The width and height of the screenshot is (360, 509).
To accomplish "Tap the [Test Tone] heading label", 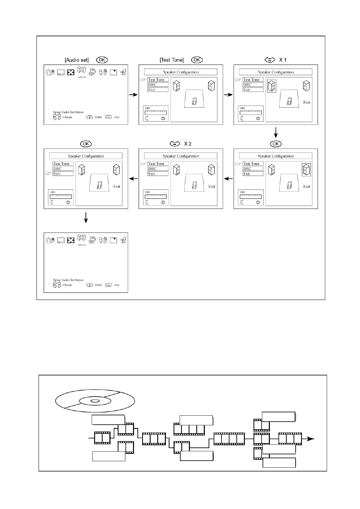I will click(x=172, y=60).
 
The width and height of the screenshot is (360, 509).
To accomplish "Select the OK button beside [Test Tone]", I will click(x=197, y=60).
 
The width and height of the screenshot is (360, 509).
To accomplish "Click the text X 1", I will click(x=283, y=60).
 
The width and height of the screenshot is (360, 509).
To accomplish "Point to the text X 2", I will click(x=188, y=144).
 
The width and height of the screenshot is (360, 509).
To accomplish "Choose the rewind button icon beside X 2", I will click(x=175, y=144).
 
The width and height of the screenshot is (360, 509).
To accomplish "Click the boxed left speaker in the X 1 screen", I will click(x=272, y=86).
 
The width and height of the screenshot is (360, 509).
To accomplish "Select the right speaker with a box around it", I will click(x=306, y=170).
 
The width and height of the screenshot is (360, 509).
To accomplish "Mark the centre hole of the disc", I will click(x=95, y=401).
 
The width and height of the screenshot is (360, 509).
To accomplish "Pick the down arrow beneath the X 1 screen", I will click(x=276, y=132).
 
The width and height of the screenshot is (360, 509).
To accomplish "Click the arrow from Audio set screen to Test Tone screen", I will click(x=133, y=95).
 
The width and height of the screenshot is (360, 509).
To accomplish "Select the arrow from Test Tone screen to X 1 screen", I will click(x=228, y=95).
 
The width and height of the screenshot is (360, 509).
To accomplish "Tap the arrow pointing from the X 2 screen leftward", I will click(x=133, y=179).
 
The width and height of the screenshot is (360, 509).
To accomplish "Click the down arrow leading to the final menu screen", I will click(x=86, y=217).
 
